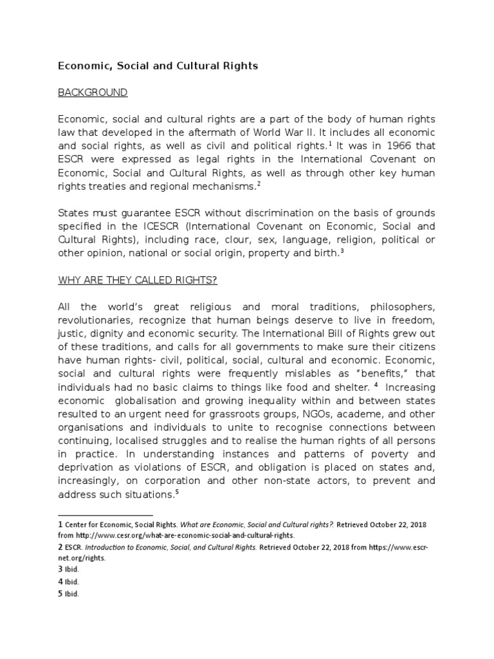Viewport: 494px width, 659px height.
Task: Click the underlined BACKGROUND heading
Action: [x=93, y=93]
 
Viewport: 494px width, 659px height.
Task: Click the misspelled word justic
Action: [x=73, y=334]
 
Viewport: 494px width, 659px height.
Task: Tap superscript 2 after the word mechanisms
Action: [x=259, y=183]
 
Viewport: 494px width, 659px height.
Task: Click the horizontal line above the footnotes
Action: [x=105, y=515]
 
